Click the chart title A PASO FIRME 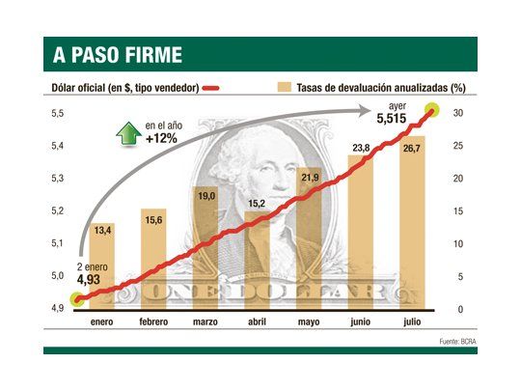tap(114, 54)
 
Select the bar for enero tap(102, 265)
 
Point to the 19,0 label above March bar tap(205, 196)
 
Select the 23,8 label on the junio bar tap(361, 149)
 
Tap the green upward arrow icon tap(126, 133)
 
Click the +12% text tap(160, 138)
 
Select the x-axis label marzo tap(205, 322)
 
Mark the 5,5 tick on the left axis tap(57, 114)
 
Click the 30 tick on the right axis tap(460, 114)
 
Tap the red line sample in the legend tap(213, 88)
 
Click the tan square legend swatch tap(284, 88)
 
